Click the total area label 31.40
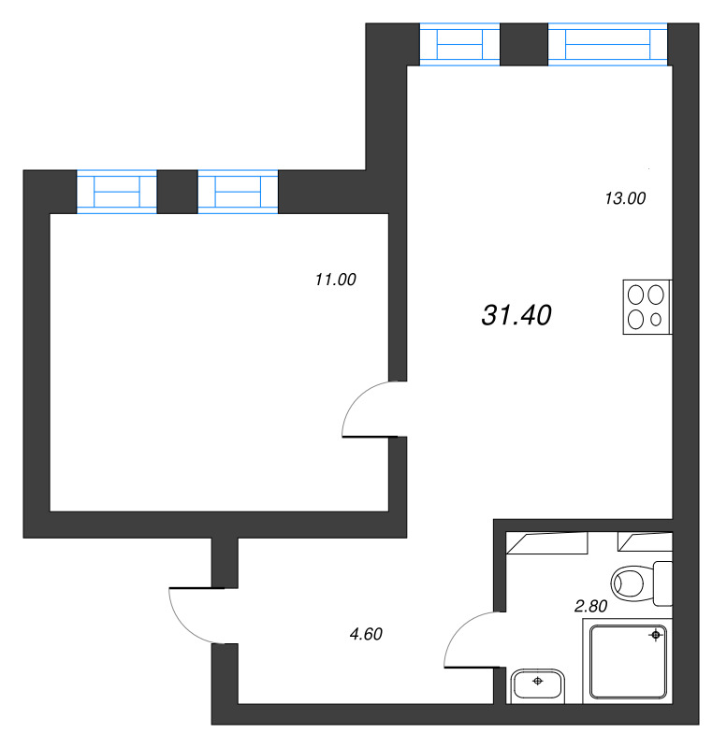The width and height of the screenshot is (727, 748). click(516, 316)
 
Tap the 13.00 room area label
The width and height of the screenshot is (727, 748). click(625, 198)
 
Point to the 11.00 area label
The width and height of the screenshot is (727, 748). click(336, 279)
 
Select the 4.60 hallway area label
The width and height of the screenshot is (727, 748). click(366, 635)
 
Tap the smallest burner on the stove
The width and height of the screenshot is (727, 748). click(657, 320)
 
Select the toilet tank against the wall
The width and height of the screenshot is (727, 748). click(662, 582)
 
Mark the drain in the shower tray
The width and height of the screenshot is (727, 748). click(656, 636)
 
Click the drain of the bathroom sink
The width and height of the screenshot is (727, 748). click(537, 682)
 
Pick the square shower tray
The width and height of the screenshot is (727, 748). click(627, 662)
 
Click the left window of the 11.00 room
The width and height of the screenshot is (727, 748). click(116, 192)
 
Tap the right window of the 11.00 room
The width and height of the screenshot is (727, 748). click(238, 192)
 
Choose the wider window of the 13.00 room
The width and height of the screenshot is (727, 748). click(608, 45)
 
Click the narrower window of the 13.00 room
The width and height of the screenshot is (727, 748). click(459, 45)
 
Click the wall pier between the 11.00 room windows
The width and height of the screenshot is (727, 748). click(177, 192)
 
